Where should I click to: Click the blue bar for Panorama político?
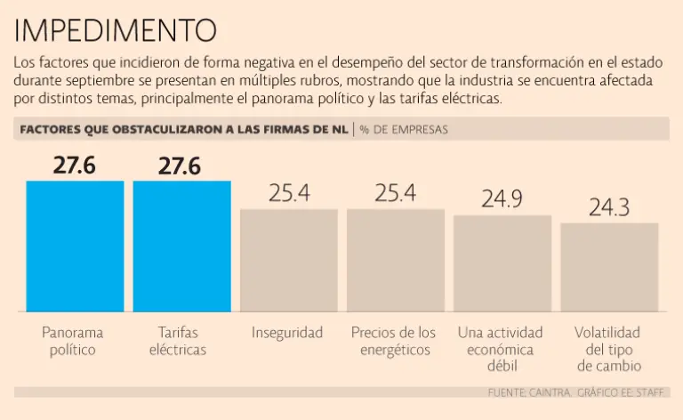tap(75, 246)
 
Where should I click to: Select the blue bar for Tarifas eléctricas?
tap(181, 246)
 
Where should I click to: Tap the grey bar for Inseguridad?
tap(288, 260)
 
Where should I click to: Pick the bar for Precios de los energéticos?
tap(395, 260)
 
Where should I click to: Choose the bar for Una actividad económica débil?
tap(502, 262)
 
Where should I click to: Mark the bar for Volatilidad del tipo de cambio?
tap(609, 266)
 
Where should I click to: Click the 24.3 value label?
tap(609, 207)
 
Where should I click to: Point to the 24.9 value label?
tap(502, 199)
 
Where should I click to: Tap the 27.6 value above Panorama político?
tap(75, 166)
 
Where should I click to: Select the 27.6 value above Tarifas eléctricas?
tap(181, 166)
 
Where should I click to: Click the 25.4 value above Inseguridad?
tap(288, 192)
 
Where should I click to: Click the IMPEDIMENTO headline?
tap(116, 30)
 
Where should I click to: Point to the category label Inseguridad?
tap(287, 333)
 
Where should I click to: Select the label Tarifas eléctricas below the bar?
tap(178, 341)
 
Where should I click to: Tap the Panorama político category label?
tap(73, 341)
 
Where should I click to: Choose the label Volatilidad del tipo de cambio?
tap(607, 349)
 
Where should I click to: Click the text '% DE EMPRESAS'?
tap(404, 130)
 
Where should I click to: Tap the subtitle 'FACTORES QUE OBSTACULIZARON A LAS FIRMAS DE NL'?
tap(183, 130)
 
